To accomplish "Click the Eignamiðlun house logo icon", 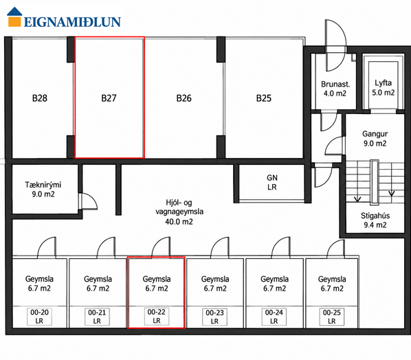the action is click(14, 16).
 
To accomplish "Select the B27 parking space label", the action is click(109, 98).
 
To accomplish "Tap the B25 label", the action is click(264, 98).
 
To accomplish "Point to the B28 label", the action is click(40, 98).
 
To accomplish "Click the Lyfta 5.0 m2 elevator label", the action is click(384, 88).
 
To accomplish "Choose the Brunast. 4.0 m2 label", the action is click(335, 89).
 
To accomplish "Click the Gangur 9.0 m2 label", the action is click(375, 139).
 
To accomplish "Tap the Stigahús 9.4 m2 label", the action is click(375, 221).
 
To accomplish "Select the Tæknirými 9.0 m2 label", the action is click(43, 190).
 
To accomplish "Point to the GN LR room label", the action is click(272, 182).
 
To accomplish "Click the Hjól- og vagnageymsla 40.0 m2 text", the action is click(179, 212).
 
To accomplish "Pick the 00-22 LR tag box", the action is click(157, 316).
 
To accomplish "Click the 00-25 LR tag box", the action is click(331, 317).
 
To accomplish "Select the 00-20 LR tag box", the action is click(39, 317).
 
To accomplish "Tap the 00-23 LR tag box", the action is click(214, 317).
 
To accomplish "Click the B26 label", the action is click(184, 98).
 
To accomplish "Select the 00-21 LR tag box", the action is click(97, 317).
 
